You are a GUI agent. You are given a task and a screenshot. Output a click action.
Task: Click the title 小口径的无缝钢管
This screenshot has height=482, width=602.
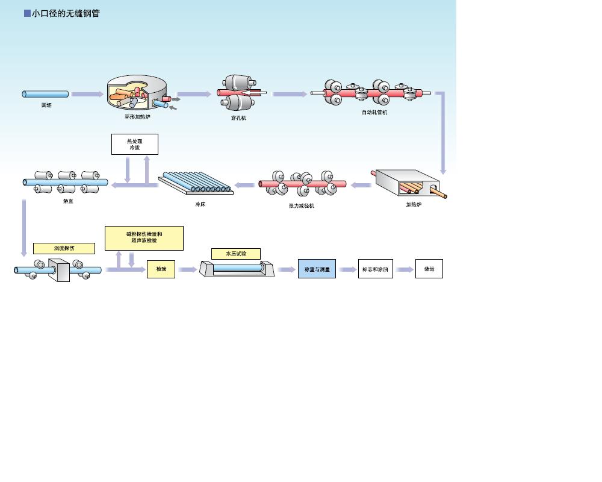(x=66, y=13)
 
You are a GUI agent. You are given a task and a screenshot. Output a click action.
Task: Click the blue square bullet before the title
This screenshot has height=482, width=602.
(x=27, y=13)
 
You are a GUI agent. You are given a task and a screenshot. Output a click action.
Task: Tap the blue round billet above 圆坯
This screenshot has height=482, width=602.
(x=46, y=94)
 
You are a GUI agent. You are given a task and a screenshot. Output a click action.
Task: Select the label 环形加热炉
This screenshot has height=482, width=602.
(x=137, y=116)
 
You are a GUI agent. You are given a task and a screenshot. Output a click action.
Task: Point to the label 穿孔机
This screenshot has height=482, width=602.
(x=238, y=118)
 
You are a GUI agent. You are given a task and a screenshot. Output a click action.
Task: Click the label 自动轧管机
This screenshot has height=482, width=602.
(x=374, y=112)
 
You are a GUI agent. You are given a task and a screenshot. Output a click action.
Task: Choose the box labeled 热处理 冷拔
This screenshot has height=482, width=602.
(x=135, y=144)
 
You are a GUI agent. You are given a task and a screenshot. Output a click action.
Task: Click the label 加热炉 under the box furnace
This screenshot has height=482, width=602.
(x=414, y=204)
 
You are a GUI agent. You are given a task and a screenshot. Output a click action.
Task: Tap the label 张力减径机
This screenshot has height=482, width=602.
(x=301, y=205)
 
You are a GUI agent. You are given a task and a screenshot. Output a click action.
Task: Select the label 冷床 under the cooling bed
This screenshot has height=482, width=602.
(x=200, y=204)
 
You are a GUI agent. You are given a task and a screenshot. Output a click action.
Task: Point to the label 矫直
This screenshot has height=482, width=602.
(x=68, y=201)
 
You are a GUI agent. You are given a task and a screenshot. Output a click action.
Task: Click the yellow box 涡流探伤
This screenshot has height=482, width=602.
(x=64, y=248)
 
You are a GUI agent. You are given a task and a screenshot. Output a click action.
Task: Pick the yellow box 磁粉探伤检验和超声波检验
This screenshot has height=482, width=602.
(x=144, y=237)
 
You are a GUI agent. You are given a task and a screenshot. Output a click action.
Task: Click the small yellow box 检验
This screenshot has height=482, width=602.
(x=161, y=269)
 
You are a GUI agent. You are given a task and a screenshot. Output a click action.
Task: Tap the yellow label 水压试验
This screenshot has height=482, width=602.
(x=236, y=254)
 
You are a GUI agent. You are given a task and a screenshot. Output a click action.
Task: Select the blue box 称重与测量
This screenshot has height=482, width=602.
(x=317, y=269)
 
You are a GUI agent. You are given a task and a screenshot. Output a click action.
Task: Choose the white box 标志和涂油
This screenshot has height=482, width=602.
(x=375, y=269)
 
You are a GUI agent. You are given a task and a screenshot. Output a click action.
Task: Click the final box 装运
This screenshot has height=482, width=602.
(x=429, y=269)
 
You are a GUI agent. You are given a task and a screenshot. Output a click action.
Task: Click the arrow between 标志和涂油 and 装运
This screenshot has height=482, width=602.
(x=404, y=269)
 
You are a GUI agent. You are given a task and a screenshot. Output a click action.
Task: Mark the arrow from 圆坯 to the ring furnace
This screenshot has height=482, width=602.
(x=87, y=94)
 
